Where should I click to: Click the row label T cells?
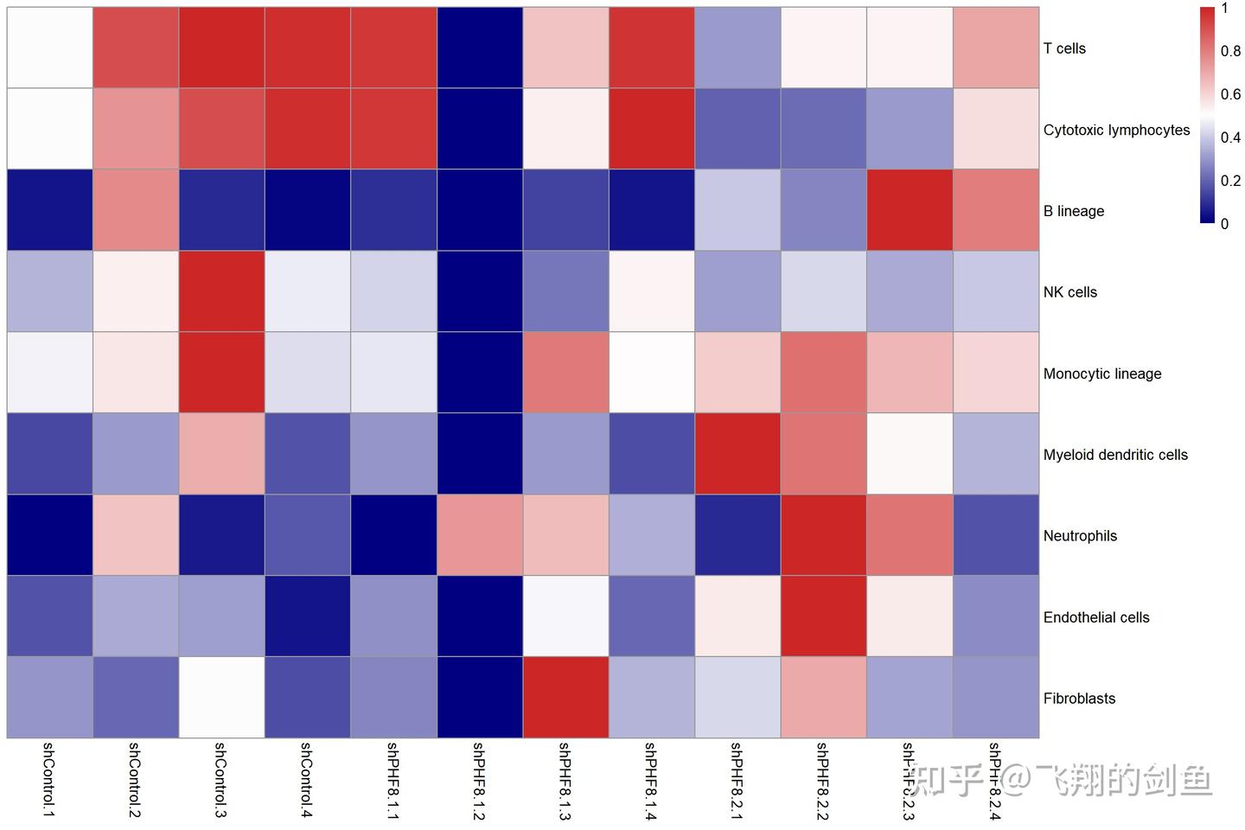1064,48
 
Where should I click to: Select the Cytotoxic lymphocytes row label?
1116,130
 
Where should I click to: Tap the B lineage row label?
1074,211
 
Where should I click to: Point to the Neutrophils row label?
1080,536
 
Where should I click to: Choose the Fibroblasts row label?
1079,699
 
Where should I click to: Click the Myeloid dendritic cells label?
1115,455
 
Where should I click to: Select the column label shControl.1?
48,779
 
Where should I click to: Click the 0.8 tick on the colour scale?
1230,51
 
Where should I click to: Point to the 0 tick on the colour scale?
1224,224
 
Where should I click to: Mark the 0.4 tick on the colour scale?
1230,137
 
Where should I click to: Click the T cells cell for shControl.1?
50,48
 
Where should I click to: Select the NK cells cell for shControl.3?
221,291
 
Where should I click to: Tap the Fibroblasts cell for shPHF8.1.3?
565,698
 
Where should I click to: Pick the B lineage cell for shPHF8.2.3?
910,210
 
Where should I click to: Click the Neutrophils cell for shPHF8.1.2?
480,535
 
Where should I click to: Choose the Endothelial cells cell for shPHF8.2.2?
823,616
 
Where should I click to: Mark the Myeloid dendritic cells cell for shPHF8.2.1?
737,454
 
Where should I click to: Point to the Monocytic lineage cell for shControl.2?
136,373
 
